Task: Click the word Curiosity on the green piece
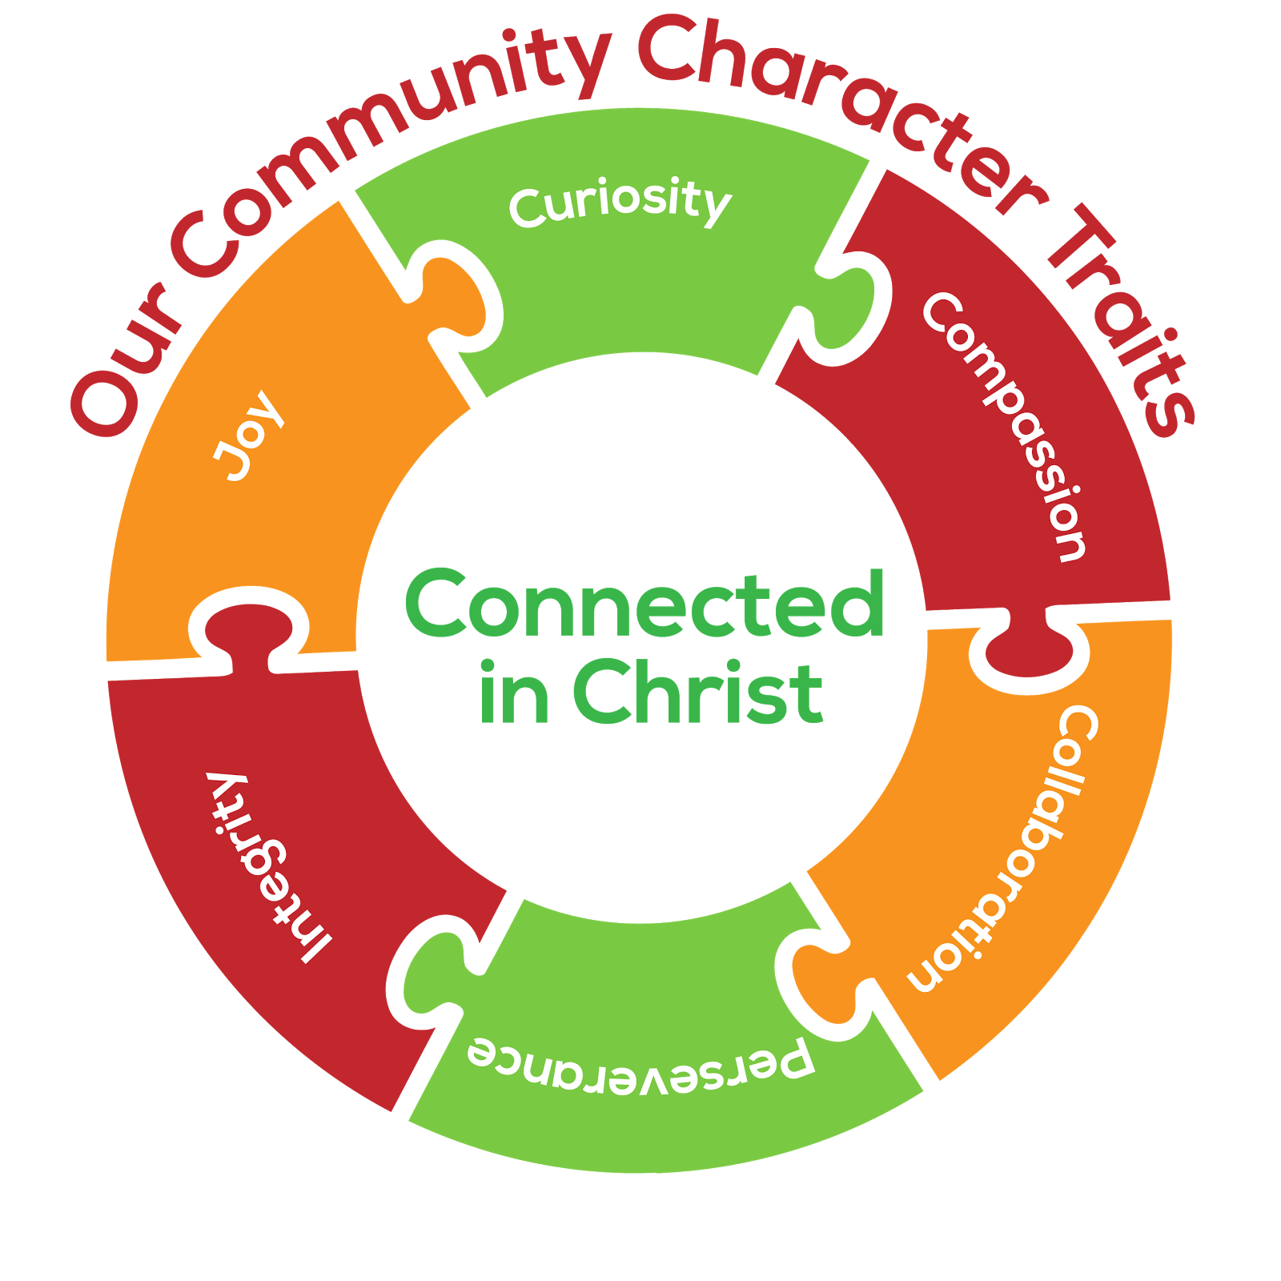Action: pos(620,202)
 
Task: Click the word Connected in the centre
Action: pos(645,604)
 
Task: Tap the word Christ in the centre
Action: pos(697,693)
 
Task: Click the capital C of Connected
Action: pos(436,604)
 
